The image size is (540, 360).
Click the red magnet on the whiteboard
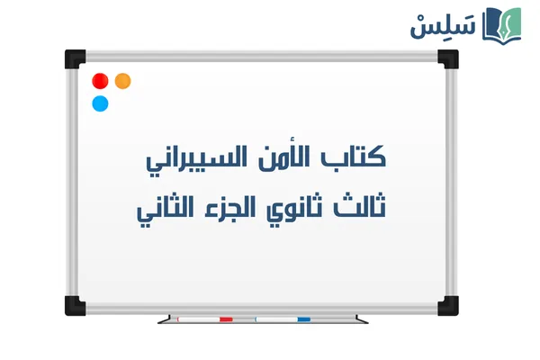click(101, 81)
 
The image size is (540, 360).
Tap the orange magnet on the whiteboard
click(123, 81)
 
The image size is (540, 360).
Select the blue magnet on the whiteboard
click(101, 103)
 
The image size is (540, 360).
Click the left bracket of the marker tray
click(165, 319)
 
